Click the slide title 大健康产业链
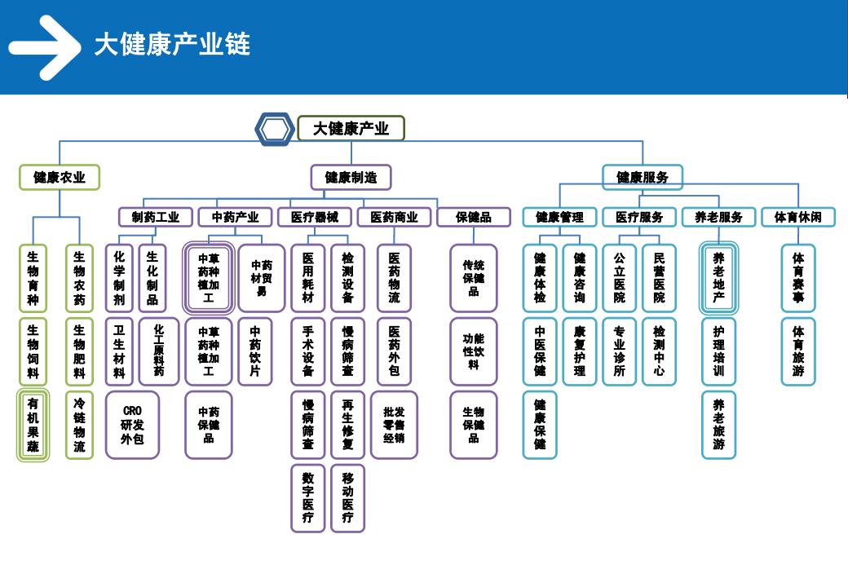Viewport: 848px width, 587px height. click(x=171, y=44)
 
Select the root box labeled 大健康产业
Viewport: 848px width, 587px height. click(x=351, y=129)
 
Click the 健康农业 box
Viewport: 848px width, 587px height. click(x=60, y=177)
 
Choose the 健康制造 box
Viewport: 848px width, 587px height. click(x=351, y=177)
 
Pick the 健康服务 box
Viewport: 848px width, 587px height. click(x=643, y=177)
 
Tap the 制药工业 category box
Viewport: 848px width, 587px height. click(x=155, y=217)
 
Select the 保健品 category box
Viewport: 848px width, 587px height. click(x=474, y=217)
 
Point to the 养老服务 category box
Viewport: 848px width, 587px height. click(x=718, y=217)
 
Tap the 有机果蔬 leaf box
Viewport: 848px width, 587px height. click(x=33, y=426)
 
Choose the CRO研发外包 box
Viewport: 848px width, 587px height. click(x=132, y=425)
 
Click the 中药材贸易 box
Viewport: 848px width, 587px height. click(x=261, y=278)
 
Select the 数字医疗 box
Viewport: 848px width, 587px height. click(x=307, y=497)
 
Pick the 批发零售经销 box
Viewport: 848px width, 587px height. click(x=394, y=425)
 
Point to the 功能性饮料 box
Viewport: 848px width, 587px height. click(x=473, y=351)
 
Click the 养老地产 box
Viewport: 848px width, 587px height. click(x=718, y=278)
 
